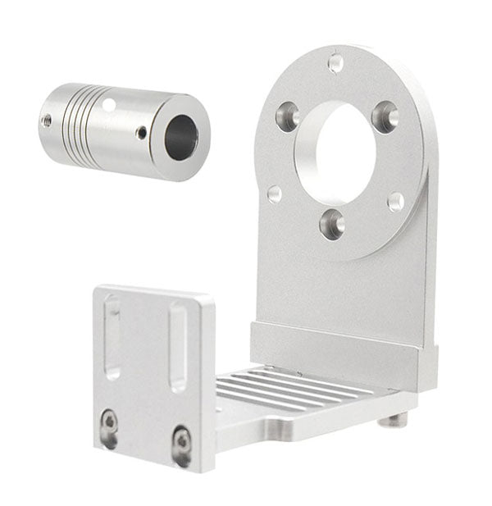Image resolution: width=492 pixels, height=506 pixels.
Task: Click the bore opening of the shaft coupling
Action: [x=181, y=137]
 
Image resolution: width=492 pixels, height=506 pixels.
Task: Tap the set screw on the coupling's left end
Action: [x=47, y=121]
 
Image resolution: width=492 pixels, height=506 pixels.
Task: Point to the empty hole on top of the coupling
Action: [x=109, y=104]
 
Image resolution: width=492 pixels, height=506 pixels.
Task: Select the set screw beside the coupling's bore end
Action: [x=142, y=132]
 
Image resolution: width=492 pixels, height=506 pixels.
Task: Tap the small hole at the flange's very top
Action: [x=335, y=62]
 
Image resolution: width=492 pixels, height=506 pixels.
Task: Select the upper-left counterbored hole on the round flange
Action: [x=288, y=116]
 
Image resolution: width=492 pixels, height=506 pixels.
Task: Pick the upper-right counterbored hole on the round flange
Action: [x=385, y=116]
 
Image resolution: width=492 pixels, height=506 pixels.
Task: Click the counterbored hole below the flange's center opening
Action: [x=332, y=223]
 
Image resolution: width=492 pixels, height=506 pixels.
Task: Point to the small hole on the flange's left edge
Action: [x=275, y=194]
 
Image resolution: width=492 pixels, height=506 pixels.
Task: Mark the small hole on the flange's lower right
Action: [x=395, y=201]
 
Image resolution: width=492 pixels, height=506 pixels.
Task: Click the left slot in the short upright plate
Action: [x=112, y=337]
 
